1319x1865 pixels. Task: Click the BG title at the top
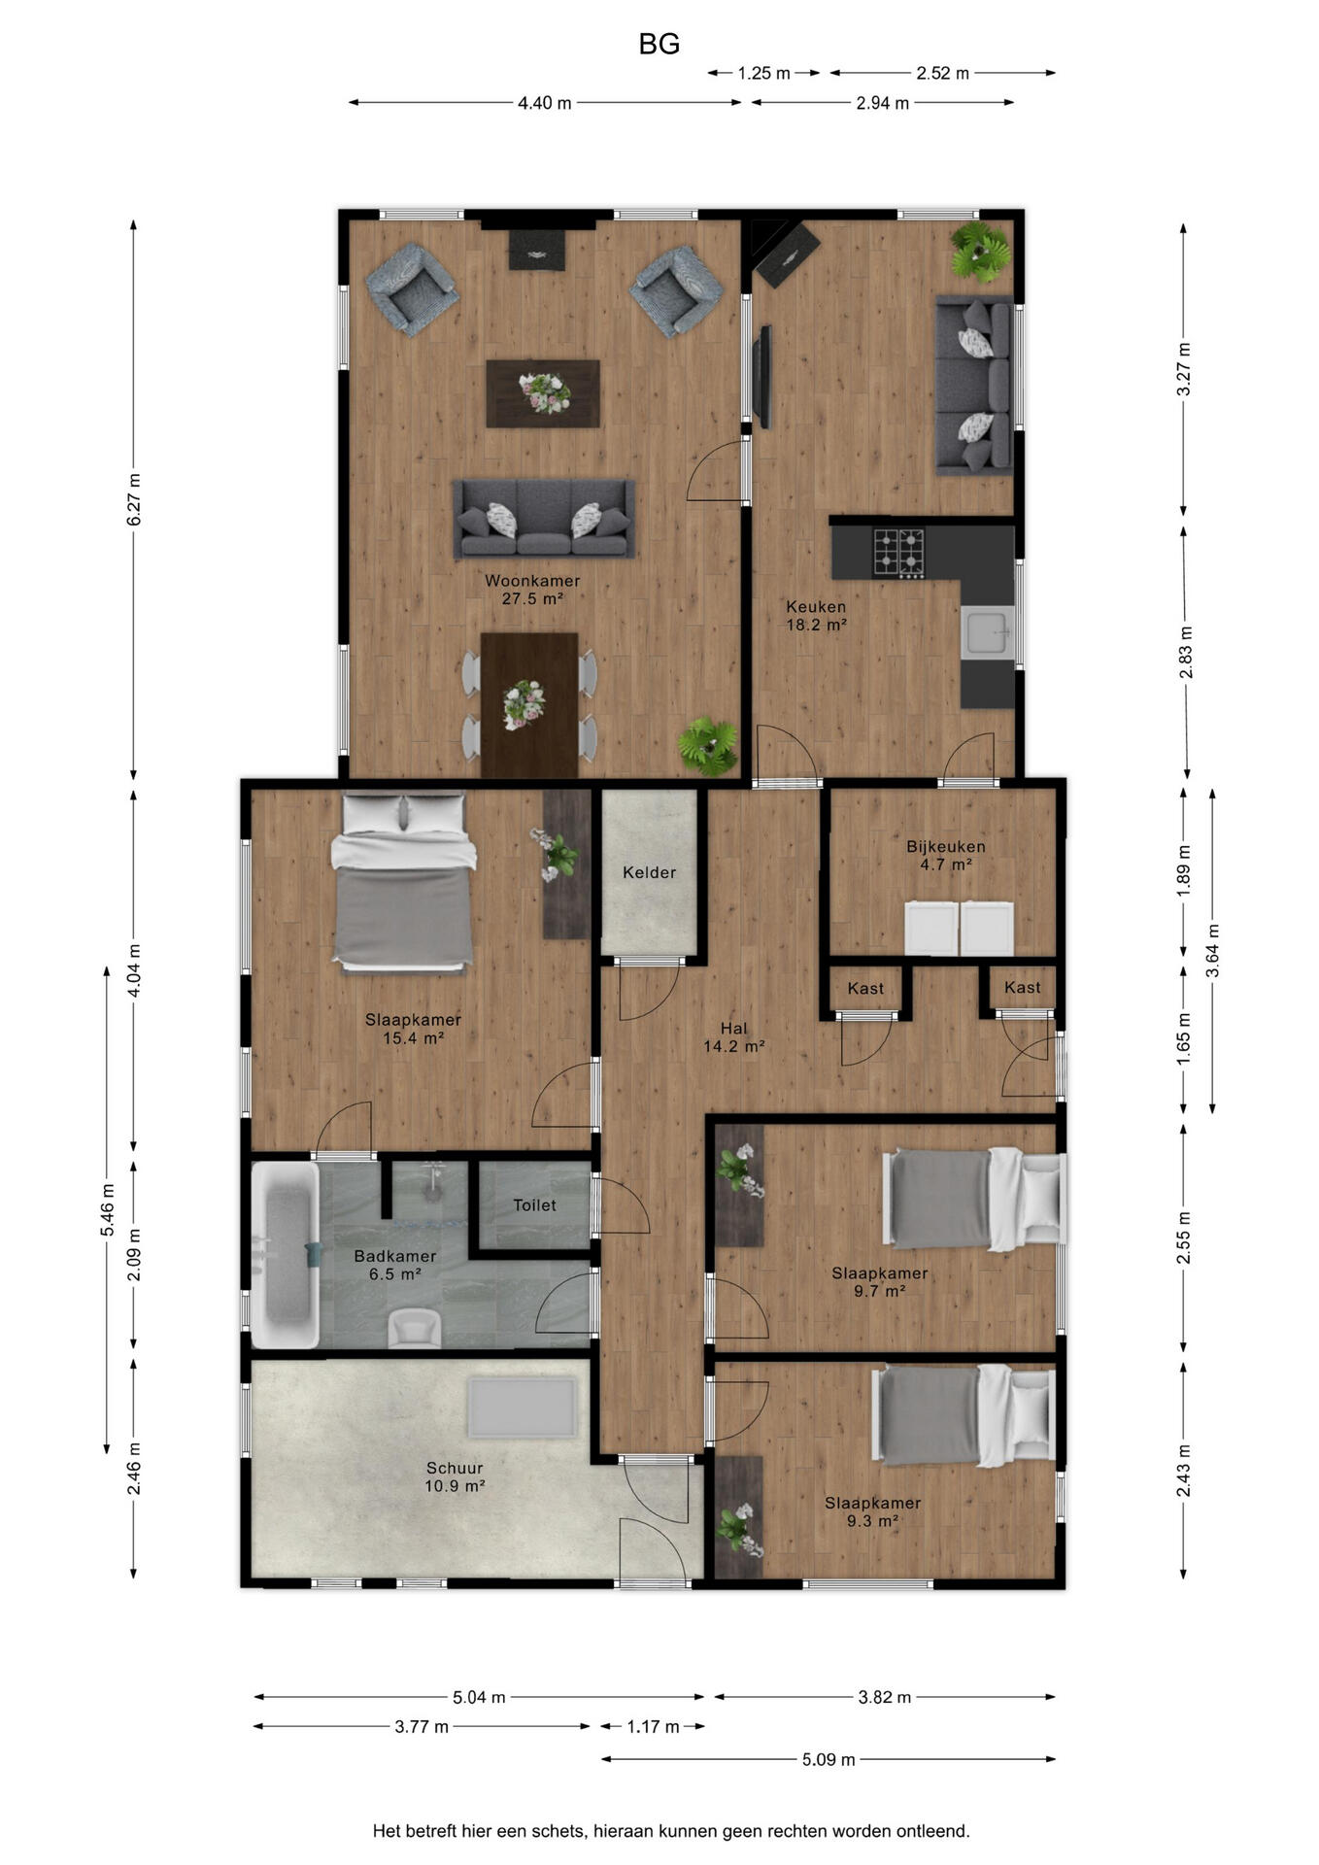coord(659,44)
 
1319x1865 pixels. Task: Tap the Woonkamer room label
coord(532,581)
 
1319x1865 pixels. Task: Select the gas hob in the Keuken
coord(898,553)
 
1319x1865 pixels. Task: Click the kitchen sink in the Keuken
coord(988,633)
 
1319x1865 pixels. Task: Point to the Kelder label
coord(649,872)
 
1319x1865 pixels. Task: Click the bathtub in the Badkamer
coord(286,1254)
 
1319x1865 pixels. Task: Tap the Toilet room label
coord(534,1205)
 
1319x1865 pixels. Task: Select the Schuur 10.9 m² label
coord(455,1477)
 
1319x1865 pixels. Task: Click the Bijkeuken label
coord(946,846)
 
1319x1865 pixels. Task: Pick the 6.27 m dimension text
coord(134,500)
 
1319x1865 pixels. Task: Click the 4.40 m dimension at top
coord(544,103)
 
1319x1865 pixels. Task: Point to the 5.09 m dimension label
coord(829,1759)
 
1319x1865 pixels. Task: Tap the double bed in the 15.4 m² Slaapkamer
coord(404,882)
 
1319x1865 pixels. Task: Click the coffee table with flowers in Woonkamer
coord(543,393)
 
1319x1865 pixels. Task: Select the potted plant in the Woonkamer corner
coord(708,745)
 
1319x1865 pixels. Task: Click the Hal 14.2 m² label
coord(734,1037)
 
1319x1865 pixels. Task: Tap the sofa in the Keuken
coord(974,386)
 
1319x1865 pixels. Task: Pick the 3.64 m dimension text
coord(1212,951)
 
